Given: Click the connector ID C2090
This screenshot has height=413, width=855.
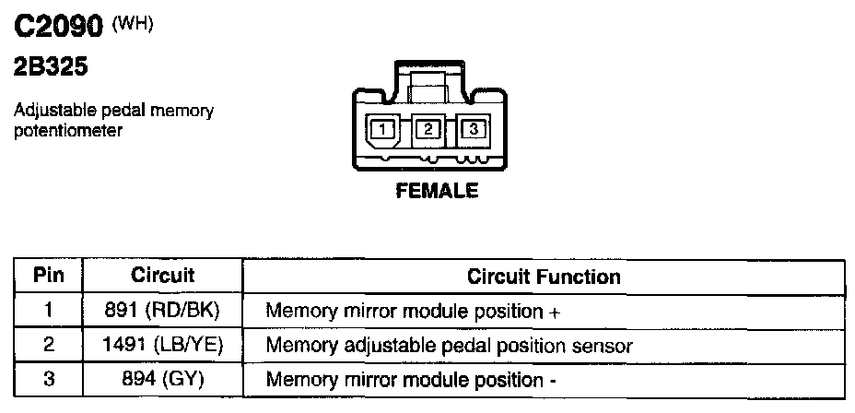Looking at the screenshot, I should point(56,28).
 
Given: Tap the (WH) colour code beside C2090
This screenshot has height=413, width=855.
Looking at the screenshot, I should point(132,24).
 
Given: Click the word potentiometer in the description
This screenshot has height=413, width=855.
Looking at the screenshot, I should point(68,131).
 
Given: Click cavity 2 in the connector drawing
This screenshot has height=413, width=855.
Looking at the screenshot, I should point(427,130).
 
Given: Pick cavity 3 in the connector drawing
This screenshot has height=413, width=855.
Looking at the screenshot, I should point(474,130).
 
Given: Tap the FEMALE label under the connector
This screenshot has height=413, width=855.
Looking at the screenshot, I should point(437,192).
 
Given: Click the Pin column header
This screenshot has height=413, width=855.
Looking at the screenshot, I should point(48,276).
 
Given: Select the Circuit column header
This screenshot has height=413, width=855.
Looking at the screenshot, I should point(163,276).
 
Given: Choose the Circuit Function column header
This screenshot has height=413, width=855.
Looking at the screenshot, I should point(544,276).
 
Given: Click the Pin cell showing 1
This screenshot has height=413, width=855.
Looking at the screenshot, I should point(48,311).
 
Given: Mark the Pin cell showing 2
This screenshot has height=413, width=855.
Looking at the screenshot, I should point(48,346).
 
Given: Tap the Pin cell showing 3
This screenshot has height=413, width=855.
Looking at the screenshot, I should point(48,380).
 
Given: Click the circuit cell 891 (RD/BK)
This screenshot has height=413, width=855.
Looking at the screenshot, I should point(163,311).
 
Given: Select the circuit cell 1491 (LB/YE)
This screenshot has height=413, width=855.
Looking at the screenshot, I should point(163,346).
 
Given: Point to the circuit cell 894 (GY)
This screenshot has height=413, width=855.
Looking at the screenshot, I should point(163,380).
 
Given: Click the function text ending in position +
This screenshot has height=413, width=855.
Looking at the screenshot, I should point(413,311).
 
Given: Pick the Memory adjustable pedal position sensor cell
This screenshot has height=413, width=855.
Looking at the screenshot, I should point(449,346).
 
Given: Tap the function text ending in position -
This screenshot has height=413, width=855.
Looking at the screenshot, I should point(411,380).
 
